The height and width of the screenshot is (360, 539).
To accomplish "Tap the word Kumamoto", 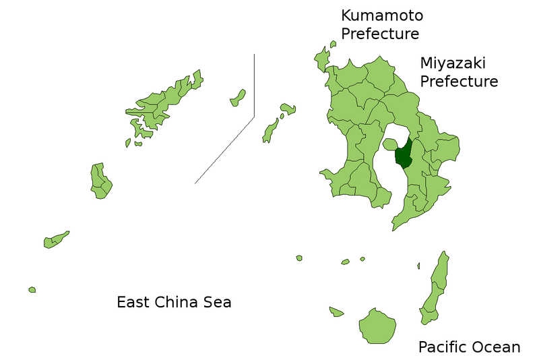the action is click(x=382, y=15).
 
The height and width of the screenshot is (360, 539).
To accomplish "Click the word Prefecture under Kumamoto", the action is click(x=380, y=33).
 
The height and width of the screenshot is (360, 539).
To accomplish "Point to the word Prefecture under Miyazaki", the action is click(x=459, y=82).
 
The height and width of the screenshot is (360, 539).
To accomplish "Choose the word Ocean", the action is click(x=497, y=347).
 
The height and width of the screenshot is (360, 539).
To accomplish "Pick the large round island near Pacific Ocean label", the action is click(x=377, y=326).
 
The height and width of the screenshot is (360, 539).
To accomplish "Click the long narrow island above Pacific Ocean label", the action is click(x=435, y=287).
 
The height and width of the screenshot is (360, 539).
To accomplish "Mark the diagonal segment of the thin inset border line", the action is click(x=224, y=150).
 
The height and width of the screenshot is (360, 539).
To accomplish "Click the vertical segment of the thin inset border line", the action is click(x=254, y=84).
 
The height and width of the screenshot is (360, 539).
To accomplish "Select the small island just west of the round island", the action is click(x=336, y=311).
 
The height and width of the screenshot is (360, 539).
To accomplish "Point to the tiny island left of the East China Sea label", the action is click(x=32, y=290).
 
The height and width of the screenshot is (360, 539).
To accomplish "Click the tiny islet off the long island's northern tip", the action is click(x=418, y=266).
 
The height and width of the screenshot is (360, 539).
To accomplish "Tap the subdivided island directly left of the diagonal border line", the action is click(x=100, y=180).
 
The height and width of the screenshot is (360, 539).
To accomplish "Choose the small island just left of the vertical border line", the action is click(x=238, y=98).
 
